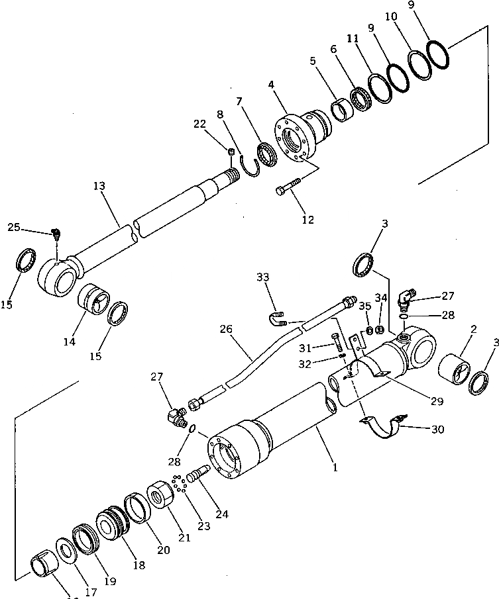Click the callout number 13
tap(99, 187)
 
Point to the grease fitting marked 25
tap(56, 232)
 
